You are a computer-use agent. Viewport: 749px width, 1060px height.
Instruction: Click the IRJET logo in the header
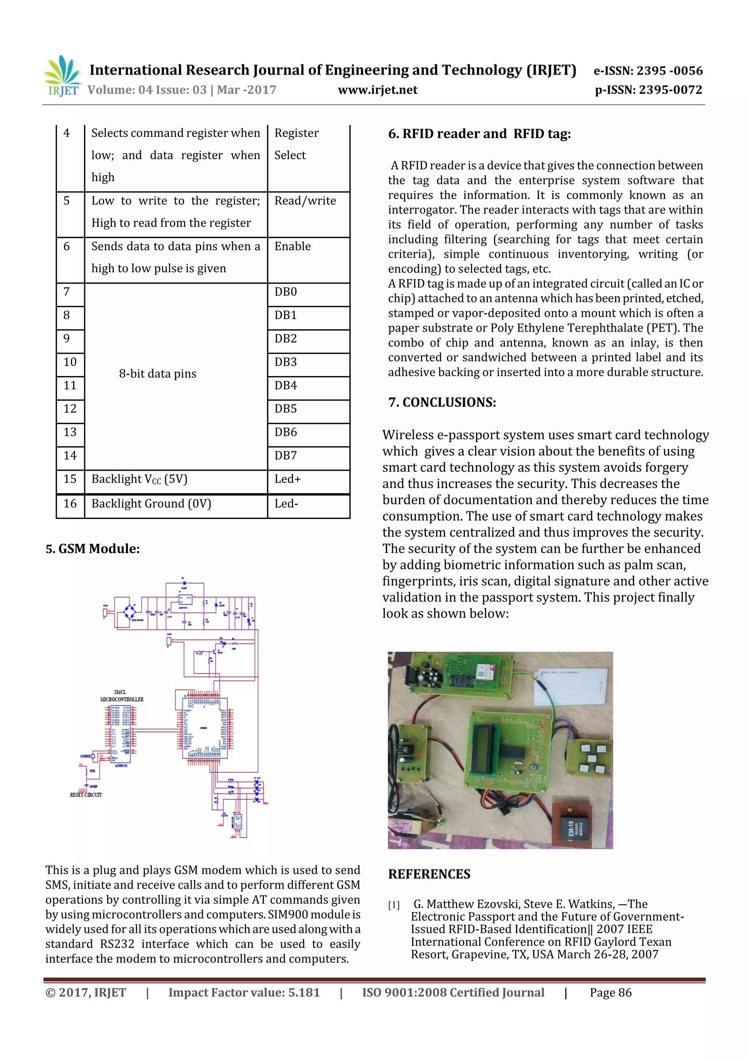[62, 76]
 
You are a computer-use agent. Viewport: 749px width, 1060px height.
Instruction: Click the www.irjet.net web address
[377, 90]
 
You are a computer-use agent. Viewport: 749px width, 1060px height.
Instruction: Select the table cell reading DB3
[286, 362]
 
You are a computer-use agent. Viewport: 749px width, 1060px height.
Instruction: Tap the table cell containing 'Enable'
[293, 247]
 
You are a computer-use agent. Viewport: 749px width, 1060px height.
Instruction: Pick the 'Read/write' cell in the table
[305, 201]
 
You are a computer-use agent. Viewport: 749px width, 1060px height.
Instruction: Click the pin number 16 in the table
[70, 504]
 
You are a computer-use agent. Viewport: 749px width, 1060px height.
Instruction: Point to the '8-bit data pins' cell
[158, 374]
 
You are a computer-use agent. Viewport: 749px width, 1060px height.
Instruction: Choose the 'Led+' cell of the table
[287, 479]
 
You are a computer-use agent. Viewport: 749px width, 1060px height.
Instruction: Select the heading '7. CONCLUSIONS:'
[442, 402]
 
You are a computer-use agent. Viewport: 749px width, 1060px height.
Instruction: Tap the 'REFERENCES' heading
[429, 874]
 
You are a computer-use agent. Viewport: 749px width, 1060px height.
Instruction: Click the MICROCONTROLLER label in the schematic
[122, 700]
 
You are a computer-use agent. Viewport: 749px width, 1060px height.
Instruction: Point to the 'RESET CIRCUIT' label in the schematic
[86, 795]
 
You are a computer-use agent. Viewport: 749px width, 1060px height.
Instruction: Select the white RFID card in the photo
[572, 686]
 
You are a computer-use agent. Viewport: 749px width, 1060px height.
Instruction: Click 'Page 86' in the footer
[610, 993]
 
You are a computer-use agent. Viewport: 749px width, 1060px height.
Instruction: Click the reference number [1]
[394, 905]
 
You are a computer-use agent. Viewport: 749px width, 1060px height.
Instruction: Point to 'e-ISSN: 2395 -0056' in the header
[648, 71]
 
